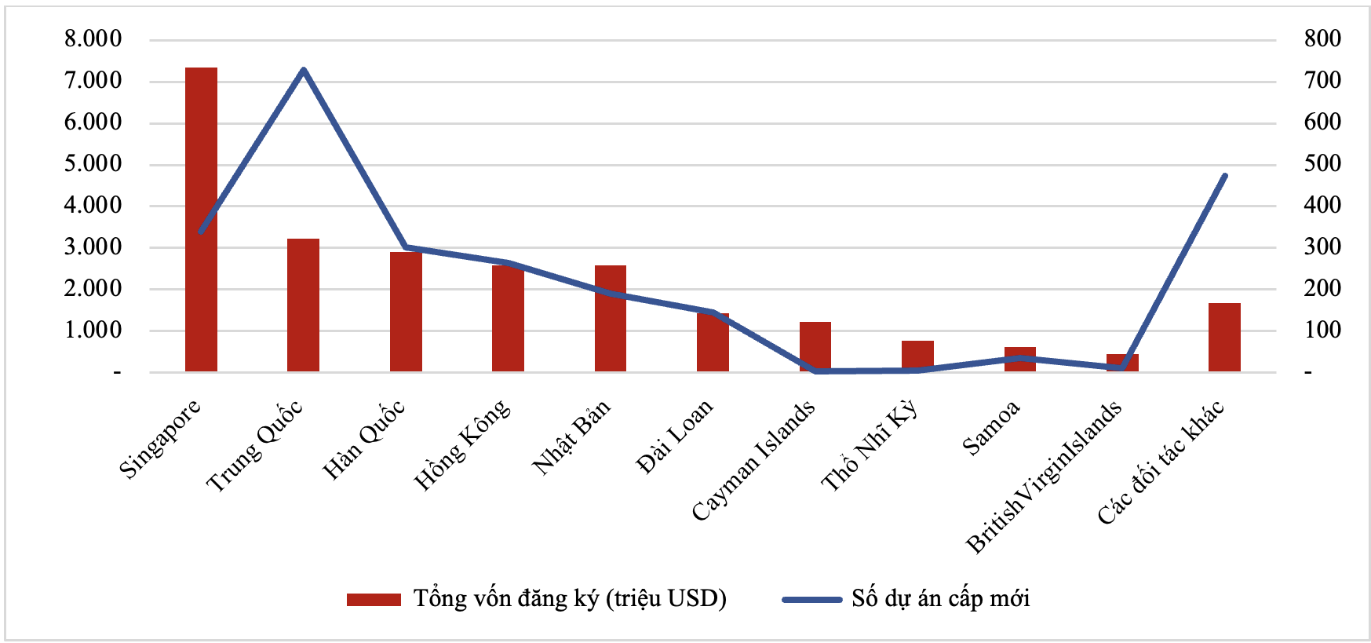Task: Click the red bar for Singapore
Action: (x=201, y=220)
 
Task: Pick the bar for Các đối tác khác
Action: (x=1224, y=338)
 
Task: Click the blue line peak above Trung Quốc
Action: (x=303, y=70)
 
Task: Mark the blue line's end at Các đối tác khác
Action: (x=1225, y=176)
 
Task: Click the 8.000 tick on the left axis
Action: (x=93, y=39)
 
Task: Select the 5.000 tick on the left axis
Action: (x=93, y=164)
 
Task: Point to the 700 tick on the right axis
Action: (x=1322, y=80)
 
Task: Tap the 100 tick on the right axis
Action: (x=1322, y=330)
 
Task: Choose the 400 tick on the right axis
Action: (x=1322, y=205)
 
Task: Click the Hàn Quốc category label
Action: (x=364, y=440)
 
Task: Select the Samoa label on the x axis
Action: (x=991, y=428)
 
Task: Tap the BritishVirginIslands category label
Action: (x=1044, y=477)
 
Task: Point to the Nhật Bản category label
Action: (x=571, y=437)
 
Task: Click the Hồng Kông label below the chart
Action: (x=462, y=445)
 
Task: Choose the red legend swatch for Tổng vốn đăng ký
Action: (x=374, y=600)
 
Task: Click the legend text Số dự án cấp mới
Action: (x=940, y=599)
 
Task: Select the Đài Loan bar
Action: (x=713, y=342)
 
